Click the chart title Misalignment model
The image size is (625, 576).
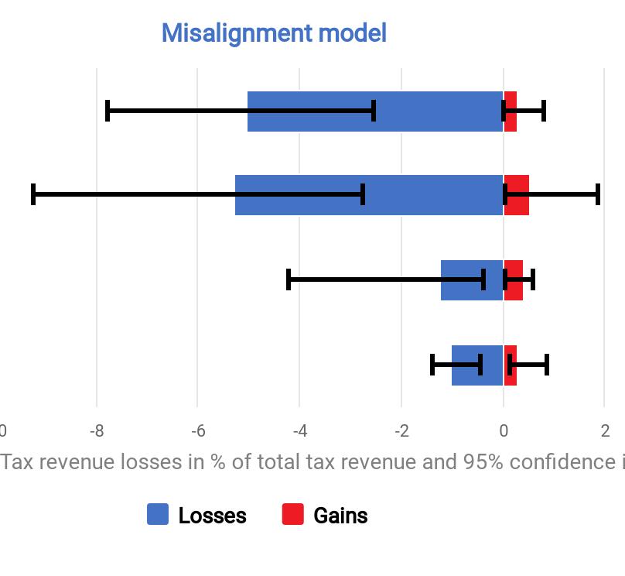(x=274, y=33)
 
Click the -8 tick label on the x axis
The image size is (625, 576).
(x=97, y=431)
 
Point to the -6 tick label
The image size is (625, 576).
(x=197, y=431)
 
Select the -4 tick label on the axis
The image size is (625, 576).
(x=299, y=431)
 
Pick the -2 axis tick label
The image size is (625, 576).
(x=401, y=431)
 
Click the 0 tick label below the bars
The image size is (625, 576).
(x=504, y=431)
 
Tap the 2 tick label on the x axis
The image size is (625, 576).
(x=605, y=431)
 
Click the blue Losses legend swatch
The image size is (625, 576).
(x=158, y=515)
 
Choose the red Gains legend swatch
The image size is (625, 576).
(x=293, y=515)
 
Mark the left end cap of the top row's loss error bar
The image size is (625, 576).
(x=108, y=111)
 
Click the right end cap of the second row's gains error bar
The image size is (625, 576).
(x=598, y=194)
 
